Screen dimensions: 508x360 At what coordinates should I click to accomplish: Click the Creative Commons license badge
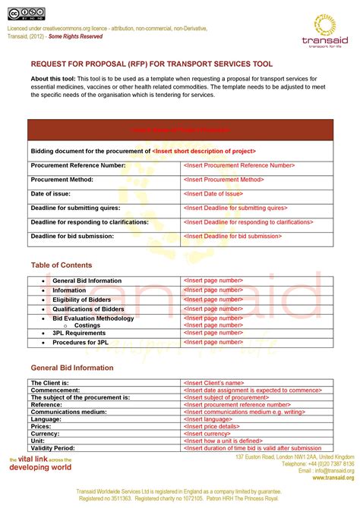(x=27, y=13)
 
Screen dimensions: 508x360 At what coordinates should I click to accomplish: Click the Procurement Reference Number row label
(x=78, y=165)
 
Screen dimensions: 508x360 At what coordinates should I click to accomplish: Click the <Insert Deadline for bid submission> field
(x=232, y=236)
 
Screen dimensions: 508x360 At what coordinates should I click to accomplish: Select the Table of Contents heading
(x=62, y=265)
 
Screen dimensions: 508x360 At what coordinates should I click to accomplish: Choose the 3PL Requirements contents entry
(x=79, y=333)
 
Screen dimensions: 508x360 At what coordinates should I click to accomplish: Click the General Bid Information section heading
(x=72, y=368)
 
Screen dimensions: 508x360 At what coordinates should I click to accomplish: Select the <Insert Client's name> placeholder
(x=213, y=383)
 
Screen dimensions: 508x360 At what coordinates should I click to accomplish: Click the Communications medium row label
(x=69, y=412)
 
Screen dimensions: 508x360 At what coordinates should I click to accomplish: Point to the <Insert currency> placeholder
(x=208, y=434)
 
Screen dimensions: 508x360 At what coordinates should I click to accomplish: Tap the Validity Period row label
(x=53, y=448)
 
